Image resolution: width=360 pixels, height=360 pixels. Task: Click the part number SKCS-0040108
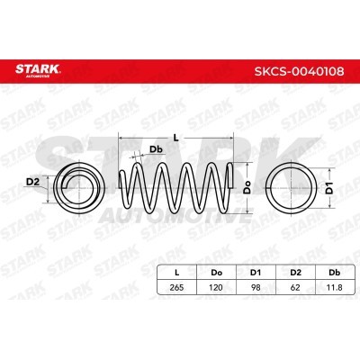pyautogui.click(x=299, y=71)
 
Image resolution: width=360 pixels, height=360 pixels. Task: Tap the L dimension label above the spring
pyautogui.click(x=176, y=138)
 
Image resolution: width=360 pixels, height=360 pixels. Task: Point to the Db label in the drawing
pyautogui.click(x=156, y=149)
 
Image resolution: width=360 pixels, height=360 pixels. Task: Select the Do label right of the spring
pyautogui.click(x=247, y=187)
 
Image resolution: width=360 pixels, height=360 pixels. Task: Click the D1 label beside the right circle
pyautogui.click(x=329, y=188)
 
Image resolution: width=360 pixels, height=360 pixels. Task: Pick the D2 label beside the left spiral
pyautogui.click(x=33, y=182)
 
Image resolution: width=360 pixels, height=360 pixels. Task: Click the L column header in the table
pyautogui.click(x=177, y=273)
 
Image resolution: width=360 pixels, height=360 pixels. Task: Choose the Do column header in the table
pyautogui.click(x=216, y=273)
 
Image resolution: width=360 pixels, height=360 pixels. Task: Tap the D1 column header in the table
pyautogui.click(x=256, y=273)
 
